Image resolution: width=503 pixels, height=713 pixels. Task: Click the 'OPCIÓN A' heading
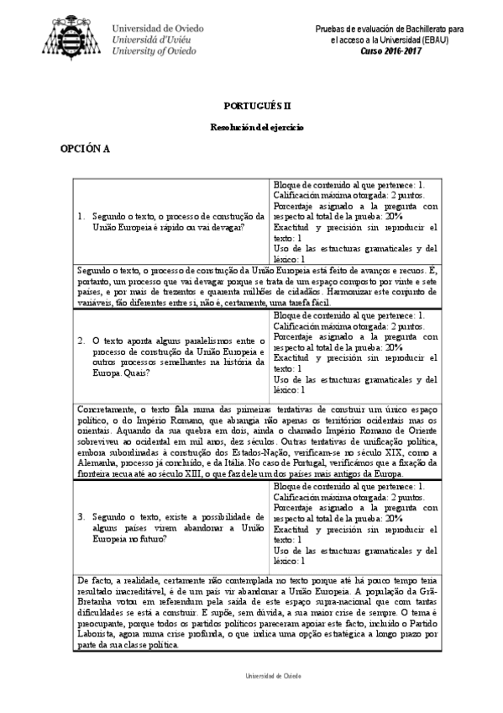point(85,148)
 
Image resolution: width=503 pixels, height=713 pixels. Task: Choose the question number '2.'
point(81,341)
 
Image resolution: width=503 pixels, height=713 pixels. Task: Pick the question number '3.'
point(81,515)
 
